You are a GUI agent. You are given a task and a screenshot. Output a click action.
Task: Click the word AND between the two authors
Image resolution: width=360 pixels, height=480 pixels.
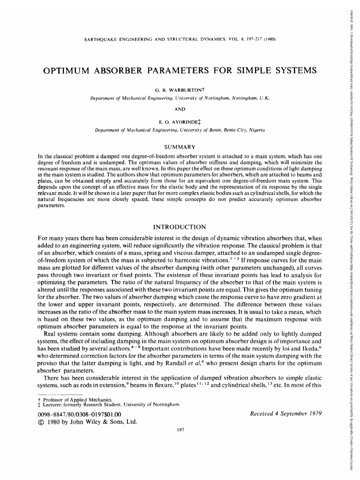pos(180,109)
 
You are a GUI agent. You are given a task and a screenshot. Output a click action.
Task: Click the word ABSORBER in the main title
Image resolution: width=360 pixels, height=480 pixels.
pos(124,71)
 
